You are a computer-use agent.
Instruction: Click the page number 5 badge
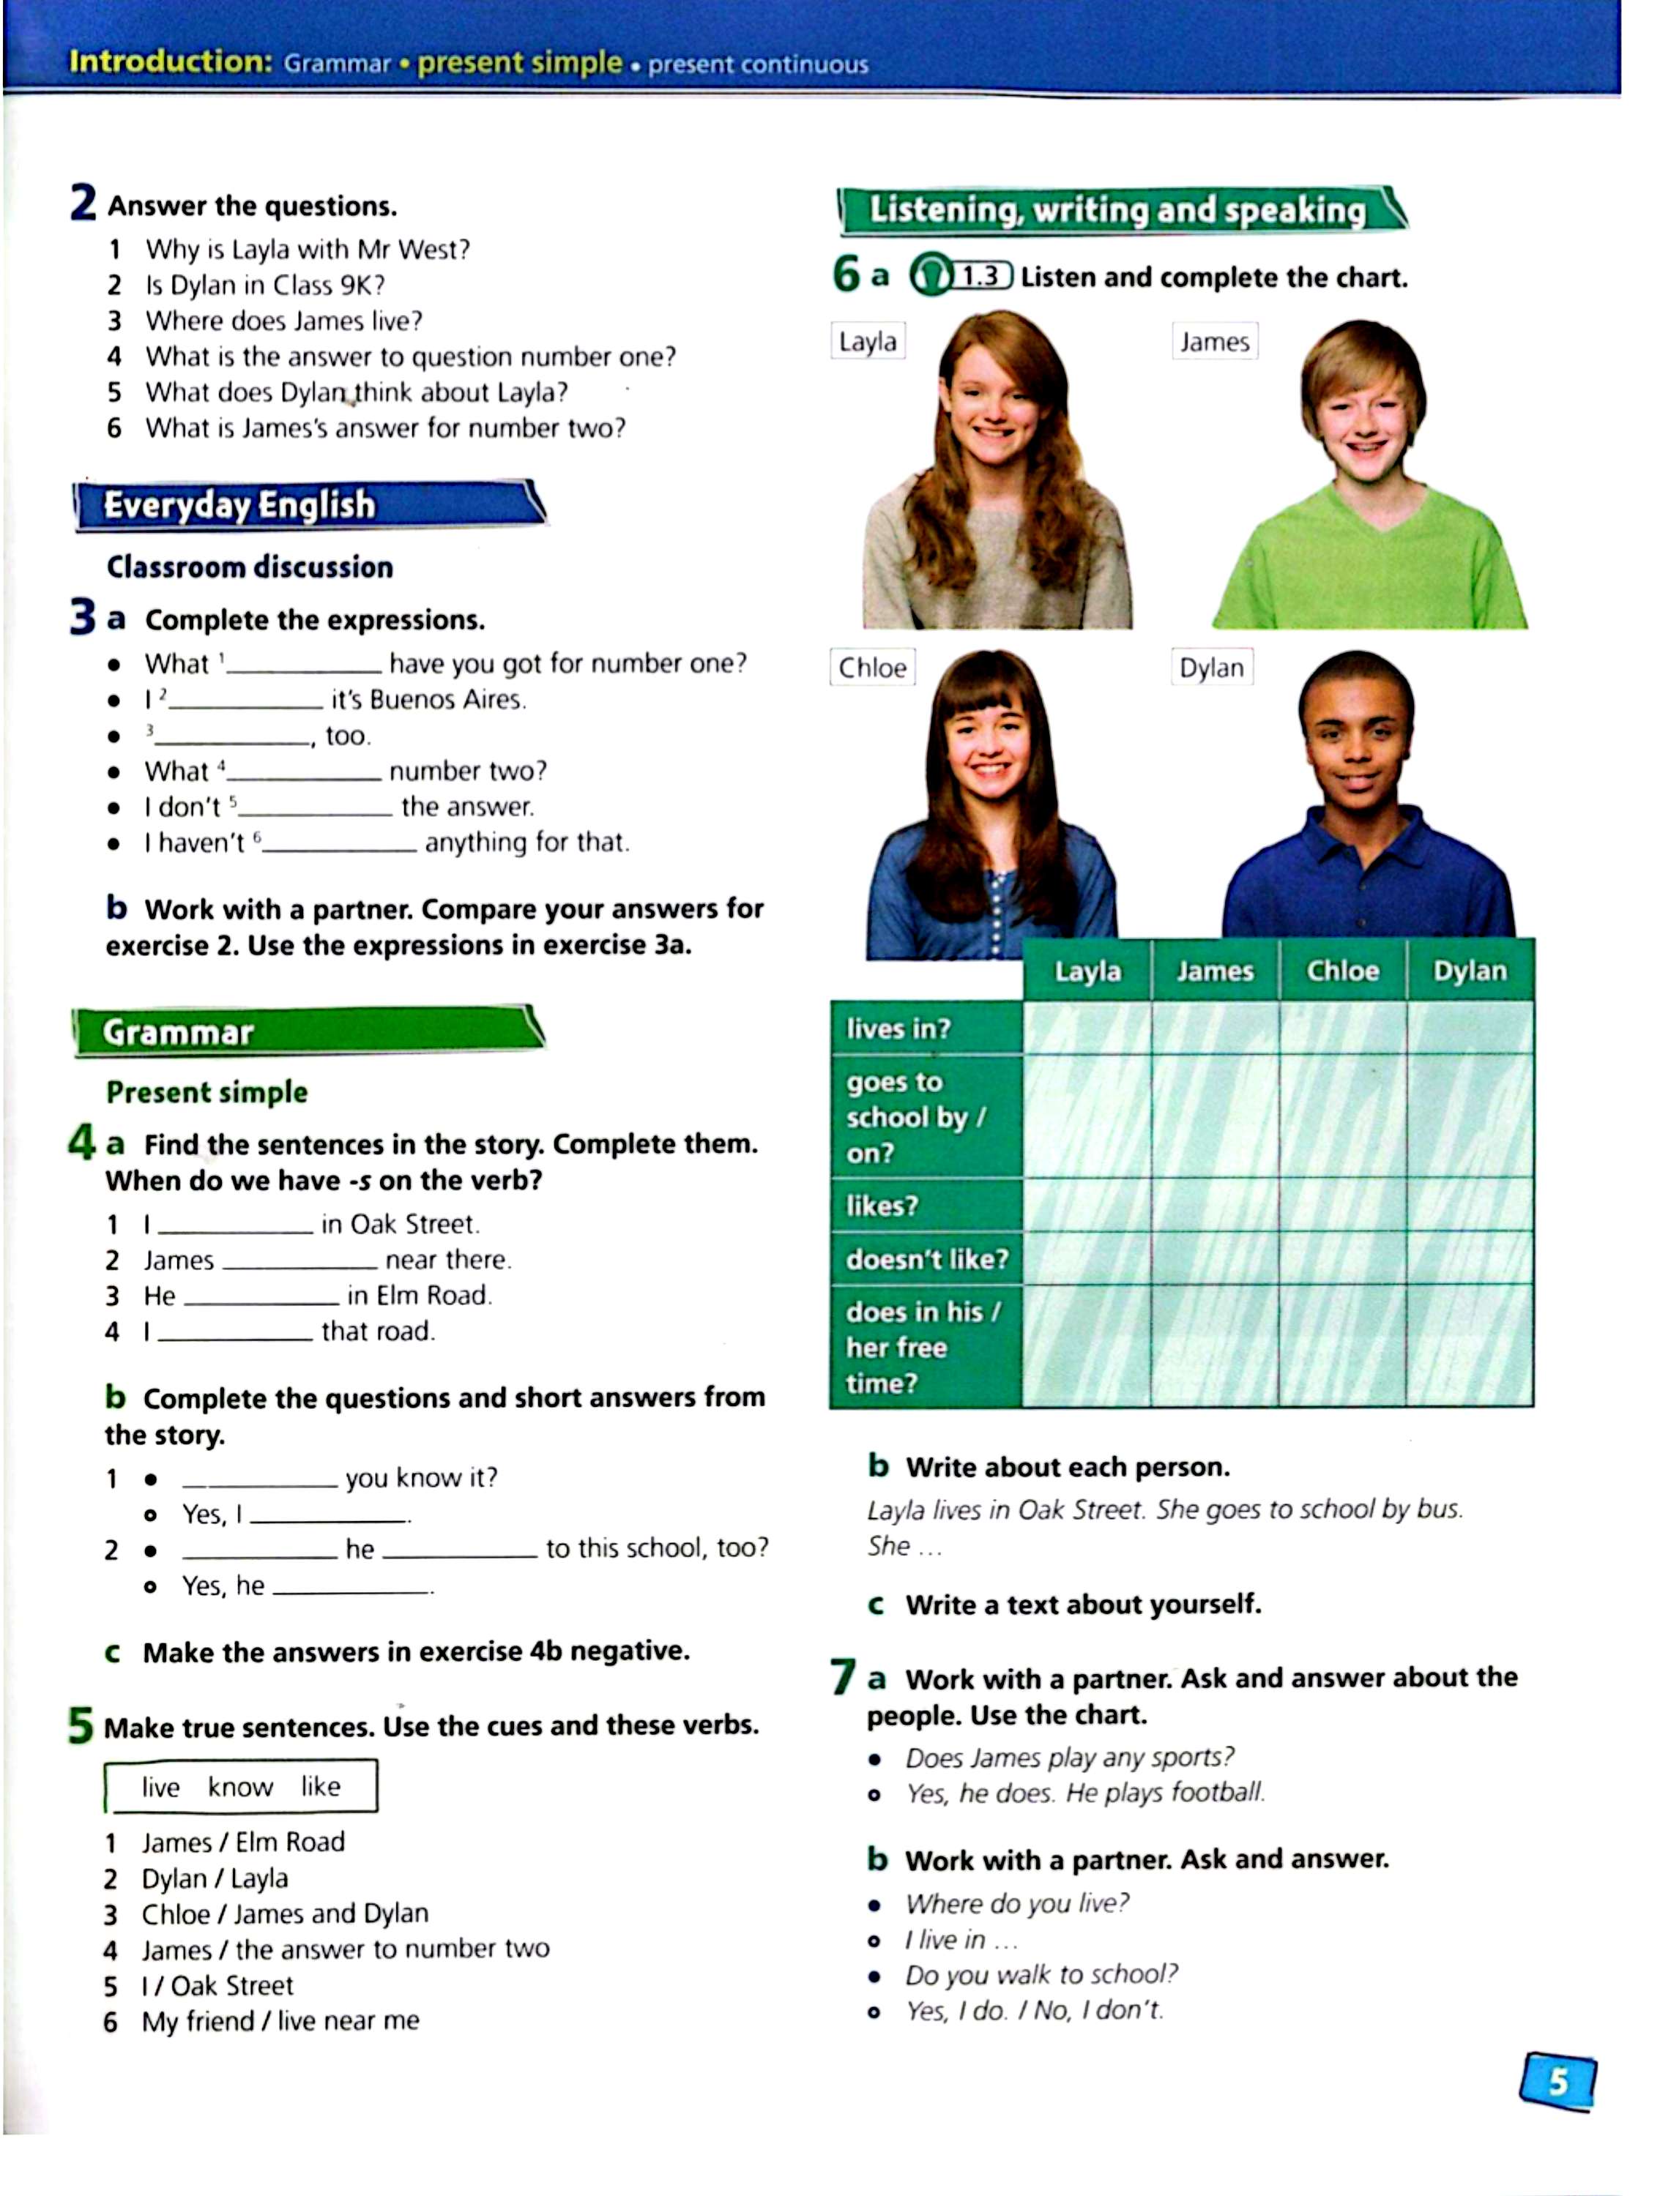coord(1557,2080)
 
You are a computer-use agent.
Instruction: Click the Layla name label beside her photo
coord(867,342)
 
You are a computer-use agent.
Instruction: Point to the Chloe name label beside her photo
coord(871,667)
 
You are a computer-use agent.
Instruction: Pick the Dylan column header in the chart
coord(1470,970)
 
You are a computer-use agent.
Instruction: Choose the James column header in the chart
coord(1214,970)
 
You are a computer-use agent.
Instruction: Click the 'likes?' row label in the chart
coord(882,1205)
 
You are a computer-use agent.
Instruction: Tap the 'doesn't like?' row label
coord(926,1259)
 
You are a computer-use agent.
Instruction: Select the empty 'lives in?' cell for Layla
coord(1087,1028)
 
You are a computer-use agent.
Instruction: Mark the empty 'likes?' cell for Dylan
coord(1470,1205)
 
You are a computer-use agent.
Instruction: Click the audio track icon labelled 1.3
coord(961,276)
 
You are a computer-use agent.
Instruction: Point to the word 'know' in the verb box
coord(240,1787)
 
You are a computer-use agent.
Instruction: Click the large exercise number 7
coord(843,1678)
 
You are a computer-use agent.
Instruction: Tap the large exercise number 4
coord(81,1143)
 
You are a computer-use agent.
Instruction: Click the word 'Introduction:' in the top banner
coord(170,61)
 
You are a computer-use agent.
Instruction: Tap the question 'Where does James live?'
coord(284,321)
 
